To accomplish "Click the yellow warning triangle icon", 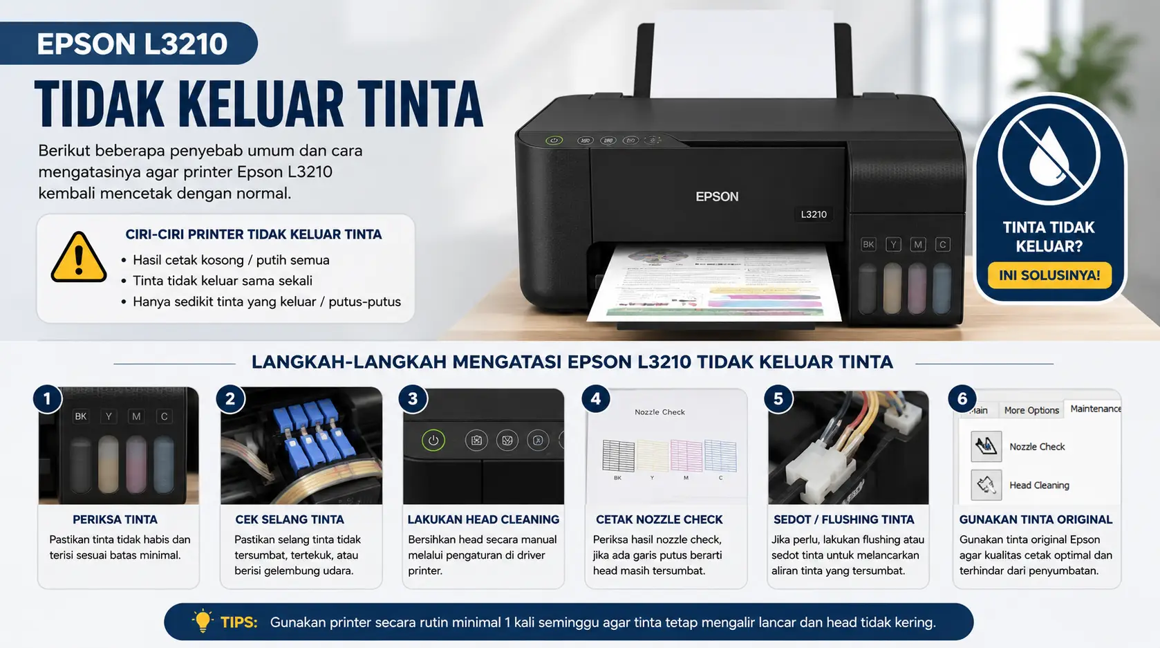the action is (x=79, y=257).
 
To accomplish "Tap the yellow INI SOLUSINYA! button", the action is (x=1049, y=275).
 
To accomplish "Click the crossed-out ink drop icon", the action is (x=1049, y=154).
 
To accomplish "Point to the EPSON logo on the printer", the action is (x=717, y=197).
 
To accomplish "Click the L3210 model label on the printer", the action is (x=814, y=214).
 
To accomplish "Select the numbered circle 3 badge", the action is (x=413, y=399).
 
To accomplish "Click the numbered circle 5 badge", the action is (x=778, y=399).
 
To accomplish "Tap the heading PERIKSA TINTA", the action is (x=115, y=519).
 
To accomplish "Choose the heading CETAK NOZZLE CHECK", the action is (x=659, y=519).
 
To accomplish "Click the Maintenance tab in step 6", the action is (x=1094, y=409).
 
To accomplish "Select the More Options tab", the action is (x=1031, y=410).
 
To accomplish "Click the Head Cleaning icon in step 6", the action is (x=986, y=485).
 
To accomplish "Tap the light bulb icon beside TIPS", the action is (x=203, y=620).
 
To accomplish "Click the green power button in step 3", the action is (x=433, y=441).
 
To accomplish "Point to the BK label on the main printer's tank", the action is (x=868, y=245).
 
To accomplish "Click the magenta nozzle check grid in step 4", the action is (x=686, y=455).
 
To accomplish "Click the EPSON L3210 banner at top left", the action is (x=129, y=43).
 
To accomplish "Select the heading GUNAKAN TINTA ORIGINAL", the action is (x=1036, y=519).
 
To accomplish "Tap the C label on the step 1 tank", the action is (x=164, y=416).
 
